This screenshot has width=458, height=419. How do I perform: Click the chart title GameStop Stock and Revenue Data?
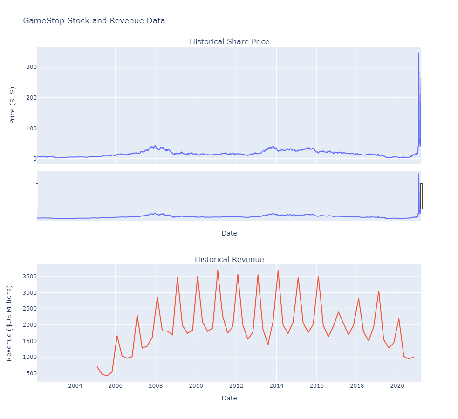point(94,21)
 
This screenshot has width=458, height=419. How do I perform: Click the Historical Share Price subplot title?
point(229,41)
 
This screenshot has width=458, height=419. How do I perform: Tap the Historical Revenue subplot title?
point(229,259)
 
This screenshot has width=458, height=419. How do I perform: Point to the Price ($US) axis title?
point(13,105)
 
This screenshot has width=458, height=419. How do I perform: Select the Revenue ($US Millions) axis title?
point(9,323)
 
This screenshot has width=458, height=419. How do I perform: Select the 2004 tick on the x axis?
point(75,386)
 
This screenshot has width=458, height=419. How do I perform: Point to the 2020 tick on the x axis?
point(397,386)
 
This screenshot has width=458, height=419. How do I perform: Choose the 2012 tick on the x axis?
point(236,386)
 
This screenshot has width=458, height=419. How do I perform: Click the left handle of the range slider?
point(37,196)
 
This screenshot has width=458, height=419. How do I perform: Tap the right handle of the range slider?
point(421,196)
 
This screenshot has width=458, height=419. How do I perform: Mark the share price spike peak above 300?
point(418,53)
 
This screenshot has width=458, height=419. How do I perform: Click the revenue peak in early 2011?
point(218,270)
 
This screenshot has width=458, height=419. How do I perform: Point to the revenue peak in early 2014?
point(278,271)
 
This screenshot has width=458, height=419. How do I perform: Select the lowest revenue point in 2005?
point(107,376)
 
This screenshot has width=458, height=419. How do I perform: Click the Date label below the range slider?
point(229,233)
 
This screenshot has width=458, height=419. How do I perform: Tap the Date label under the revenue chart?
point(229,398)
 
